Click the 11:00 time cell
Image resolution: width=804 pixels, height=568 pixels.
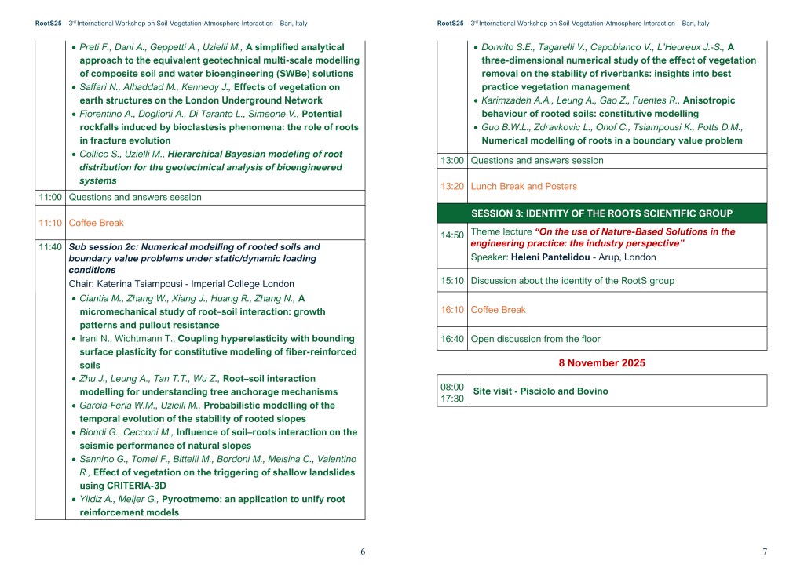50,197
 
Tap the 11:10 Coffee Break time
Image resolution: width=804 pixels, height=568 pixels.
50,223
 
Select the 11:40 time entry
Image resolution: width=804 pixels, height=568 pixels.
50,246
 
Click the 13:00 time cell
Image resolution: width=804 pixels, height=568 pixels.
453,160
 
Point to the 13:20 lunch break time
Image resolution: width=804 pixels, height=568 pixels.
453,186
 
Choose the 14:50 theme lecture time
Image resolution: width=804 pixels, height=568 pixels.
453,235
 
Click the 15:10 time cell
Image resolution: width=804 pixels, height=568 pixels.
453,280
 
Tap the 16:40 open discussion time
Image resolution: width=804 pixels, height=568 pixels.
453,339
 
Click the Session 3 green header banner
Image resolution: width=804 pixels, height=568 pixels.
601,213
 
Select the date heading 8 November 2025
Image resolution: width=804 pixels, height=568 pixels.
601,362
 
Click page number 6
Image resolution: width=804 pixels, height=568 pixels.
363,552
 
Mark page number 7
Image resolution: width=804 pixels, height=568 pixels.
765,552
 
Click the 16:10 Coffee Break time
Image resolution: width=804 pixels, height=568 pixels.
453,310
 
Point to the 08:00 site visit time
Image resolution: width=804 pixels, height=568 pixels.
452,386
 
